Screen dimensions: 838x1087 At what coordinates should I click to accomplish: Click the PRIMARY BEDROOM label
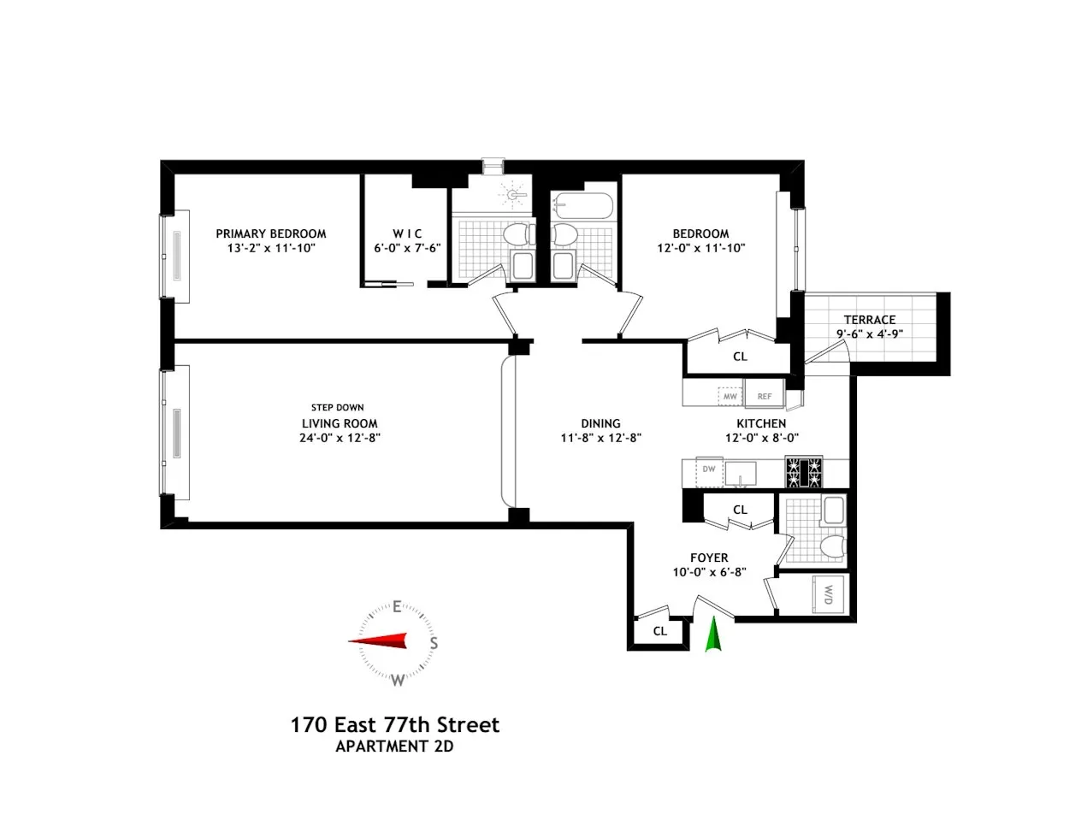pyautogui.click(x=270, y=233)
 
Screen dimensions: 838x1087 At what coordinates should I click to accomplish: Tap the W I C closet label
pyautogui.click(x=407, y=233)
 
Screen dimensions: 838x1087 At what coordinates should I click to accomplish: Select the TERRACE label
pyautogui.click(x=869, y=320)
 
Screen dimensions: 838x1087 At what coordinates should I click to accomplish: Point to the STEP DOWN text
pyautogui.click(x=337, y=408)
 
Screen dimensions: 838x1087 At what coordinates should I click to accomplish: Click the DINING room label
pyautogui.click(x=600, y=423)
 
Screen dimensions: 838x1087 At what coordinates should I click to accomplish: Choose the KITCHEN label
pyautogui.click(x=761, y=423)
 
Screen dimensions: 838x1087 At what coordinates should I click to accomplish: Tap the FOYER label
pyautogui.click(x=709, y=558)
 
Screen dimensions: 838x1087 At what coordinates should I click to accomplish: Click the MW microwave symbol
pyautogui.click(x=730, y=397)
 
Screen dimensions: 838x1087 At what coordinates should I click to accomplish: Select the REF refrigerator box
pyautogui.click(x=765, y=397)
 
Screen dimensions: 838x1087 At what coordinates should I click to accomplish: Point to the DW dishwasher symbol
pyautogui.click(x=709, y=469)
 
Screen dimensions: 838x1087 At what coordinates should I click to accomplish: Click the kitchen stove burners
pyautogui.click(x=804, y=472)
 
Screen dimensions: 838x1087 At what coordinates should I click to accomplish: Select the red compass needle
pyautogui.click(x=378, y=641)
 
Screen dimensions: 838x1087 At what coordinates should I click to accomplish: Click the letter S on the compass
pyautogui.click(x=434, y=643)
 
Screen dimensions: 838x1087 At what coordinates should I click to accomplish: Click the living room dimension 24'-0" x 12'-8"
pyautogui.click(x=339, y=438)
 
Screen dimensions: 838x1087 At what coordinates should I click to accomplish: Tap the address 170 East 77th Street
pyautogui.click(x=394, y=725)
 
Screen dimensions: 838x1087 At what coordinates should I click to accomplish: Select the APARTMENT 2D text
pyautogui.click(x=394, y=747)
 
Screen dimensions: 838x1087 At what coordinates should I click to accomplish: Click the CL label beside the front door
pyautogui.click(x=659, y=631)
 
